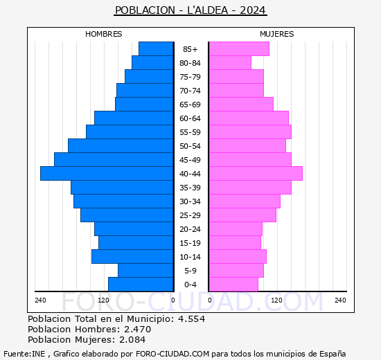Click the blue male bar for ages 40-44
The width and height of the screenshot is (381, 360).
[x=107, y=173]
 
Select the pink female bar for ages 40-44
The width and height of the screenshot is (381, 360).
[x=255, y=173]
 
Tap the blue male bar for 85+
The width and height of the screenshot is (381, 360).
[x=156, y=48]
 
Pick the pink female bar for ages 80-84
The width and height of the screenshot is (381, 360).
[x=230, y=62]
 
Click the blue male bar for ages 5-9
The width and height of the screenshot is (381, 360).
[x=145, y=270]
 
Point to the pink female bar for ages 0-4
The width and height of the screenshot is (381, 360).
[x=233, y=284]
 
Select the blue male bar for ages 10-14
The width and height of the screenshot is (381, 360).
[x=132, y=256]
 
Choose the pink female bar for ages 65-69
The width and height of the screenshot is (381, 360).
[x=241, y=104]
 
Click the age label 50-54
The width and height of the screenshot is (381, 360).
[x=190, y=146]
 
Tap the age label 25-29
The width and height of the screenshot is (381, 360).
[x=190, y=215]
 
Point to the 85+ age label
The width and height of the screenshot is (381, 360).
[x=190, y=49]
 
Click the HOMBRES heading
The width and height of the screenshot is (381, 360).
[x=104, y=34]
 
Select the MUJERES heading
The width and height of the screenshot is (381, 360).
[x=277, y=34]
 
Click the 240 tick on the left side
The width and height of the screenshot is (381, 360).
[x=40, y=300]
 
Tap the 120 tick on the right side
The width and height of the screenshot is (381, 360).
[x=277, y=300]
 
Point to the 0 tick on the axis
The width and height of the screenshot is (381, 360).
[x=173, y=300]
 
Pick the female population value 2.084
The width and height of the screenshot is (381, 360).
[x=132, y=339]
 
